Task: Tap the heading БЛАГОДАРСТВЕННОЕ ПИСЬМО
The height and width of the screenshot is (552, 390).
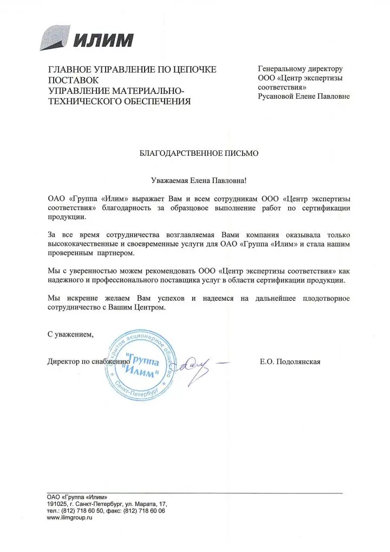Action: click(199, 153)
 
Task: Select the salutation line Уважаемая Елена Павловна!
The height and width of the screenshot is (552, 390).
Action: click(199, 179)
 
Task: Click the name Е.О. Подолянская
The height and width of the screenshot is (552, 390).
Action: click(290, 361)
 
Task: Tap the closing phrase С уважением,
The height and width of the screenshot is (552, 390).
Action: click(70, 334)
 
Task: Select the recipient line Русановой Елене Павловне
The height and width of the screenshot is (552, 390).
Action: click(303, 96)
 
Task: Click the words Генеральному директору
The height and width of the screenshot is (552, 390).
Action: click(300, 69)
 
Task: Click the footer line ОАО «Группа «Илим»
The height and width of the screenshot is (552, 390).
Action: click(77, 497)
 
